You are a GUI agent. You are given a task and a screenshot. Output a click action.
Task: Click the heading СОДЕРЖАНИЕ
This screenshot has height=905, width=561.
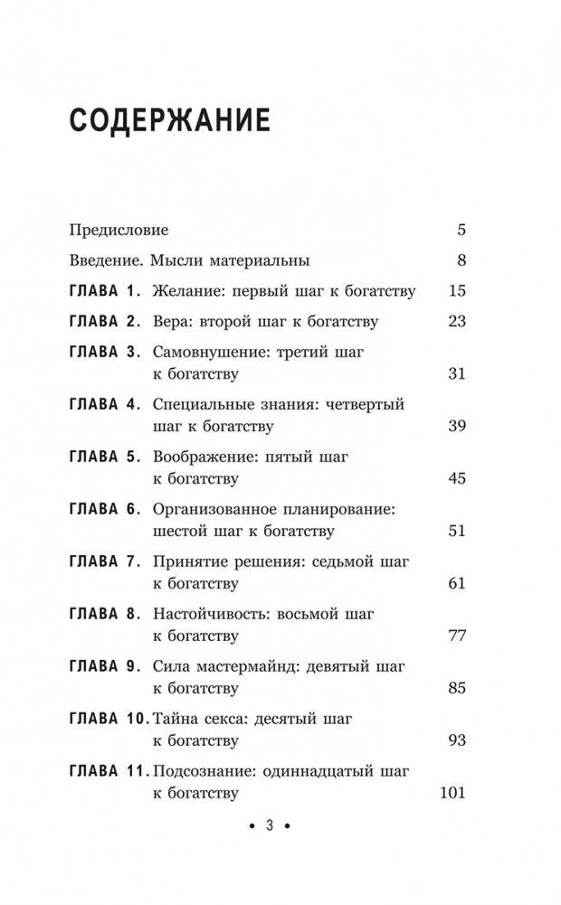(169, 120)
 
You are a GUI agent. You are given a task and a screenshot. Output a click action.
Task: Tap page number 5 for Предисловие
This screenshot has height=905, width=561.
(461, 230)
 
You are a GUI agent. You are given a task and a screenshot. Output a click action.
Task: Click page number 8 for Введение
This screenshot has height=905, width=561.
(461, 261)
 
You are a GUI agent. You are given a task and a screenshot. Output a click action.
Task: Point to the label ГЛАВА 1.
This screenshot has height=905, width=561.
(105, 291)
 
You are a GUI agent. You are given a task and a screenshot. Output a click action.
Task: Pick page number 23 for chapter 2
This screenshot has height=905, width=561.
(456, 322)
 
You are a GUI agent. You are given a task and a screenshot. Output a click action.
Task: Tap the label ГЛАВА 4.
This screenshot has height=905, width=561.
(105, 405)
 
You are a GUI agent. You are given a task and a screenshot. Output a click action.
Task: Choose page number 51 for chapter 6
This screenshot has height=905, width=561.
(456, 531)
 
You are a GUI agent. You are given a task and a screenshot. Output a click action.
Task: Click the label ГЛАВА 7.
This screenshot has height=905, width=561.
(105, 562)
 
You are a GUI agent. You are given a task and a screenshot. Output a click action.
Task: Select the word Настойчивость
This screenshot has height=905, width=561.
(207, 615)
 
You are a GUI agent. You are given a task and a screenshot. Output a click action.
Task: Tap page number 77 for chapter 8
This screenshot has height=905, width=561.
(456, 636)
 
